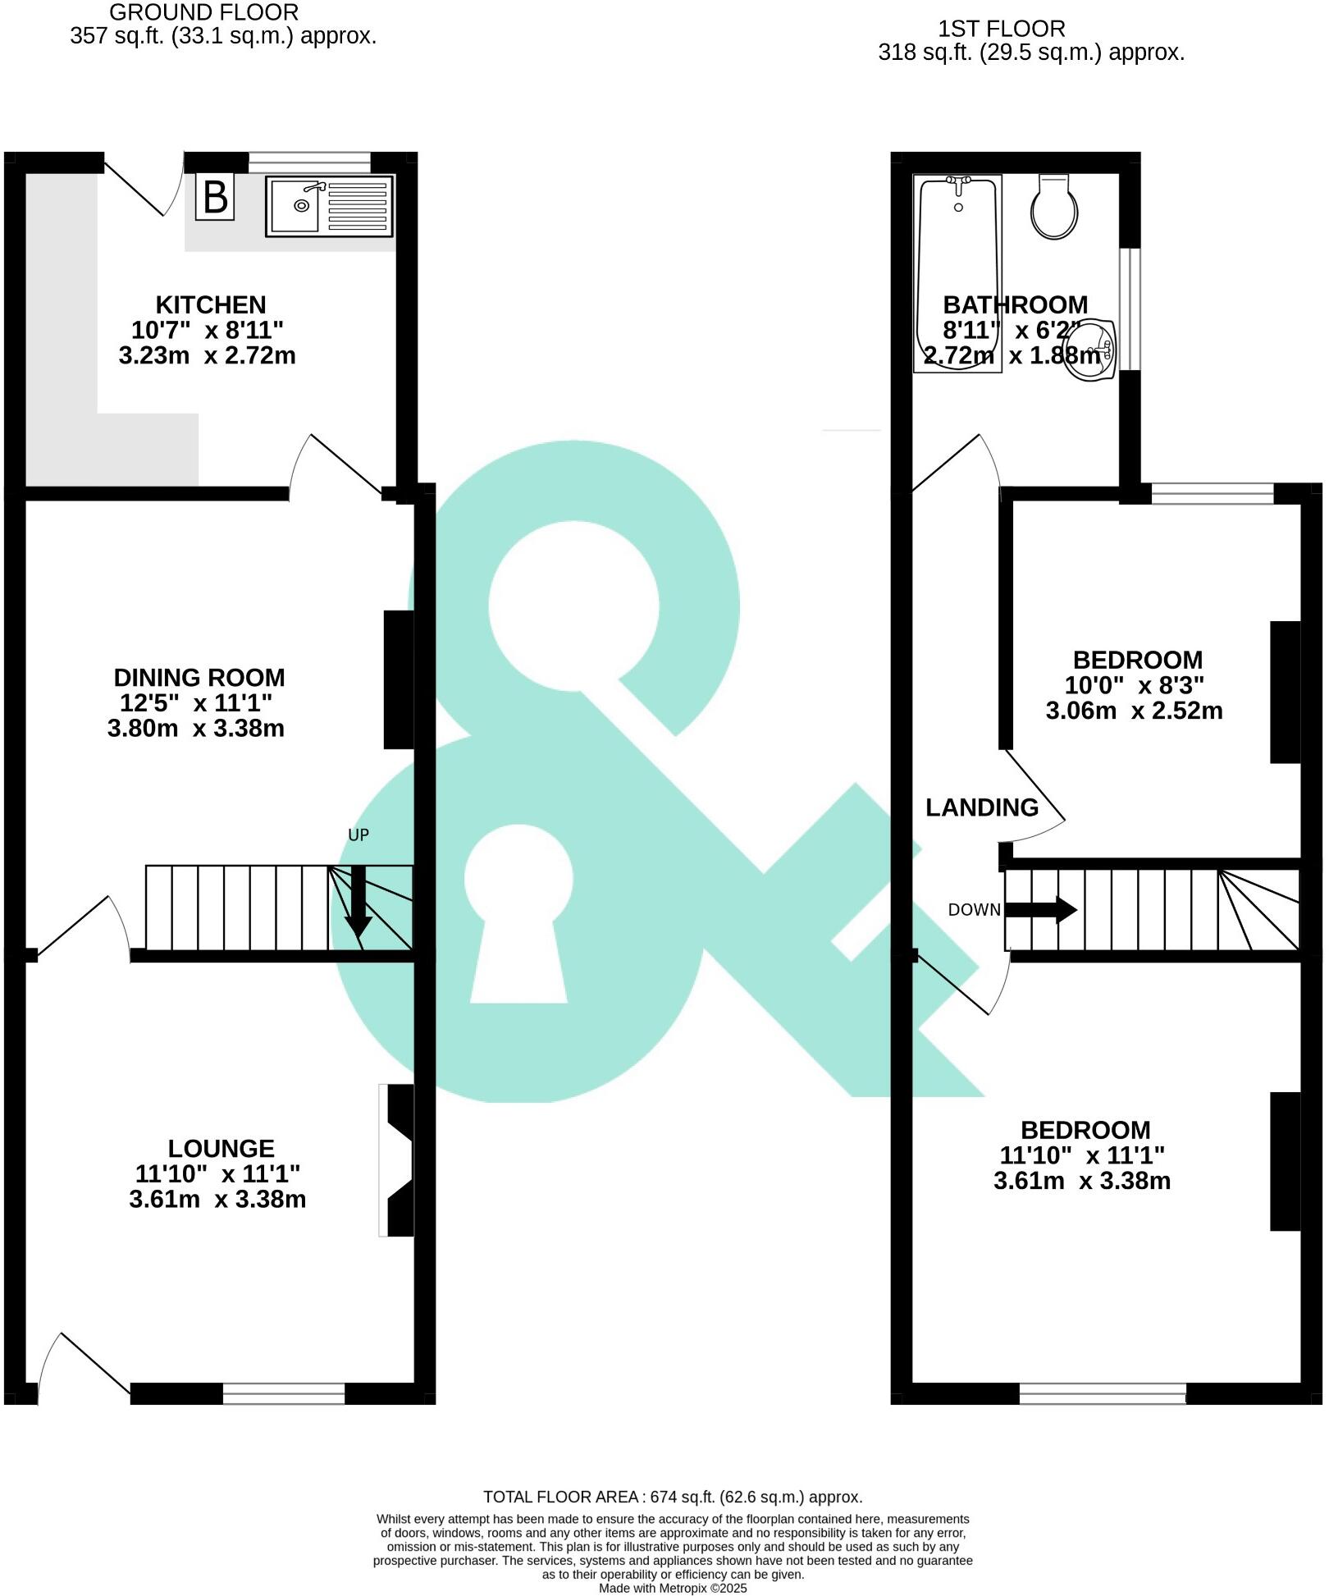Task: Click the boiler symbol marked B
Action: (215, 197)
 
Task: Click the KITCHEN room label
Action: (211, 304)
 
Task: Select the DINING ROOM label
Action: (199, 678)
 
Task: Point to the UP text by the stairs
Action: (359, 835)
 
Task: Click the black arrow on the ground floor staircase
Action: (358, 903)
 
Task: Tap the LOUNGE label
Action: (221, 1148)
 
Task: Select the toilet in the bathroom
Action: (1054, 208)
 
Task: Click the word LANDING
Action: (982, 807)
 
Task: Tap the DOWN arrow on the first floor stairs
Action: (1040, 909)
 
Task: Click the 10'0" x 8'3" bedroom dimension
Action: (1135, 685)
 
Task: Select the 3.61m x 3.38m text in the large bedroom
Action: (1081, 1181)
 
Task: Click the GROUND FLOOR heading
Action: (204, 12)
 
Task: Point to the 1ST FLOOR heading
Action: (1002, 29)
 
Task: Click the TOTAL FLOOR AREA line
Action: (673, 1497)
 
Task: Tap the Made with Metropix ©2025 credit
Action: (673, 1588)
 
